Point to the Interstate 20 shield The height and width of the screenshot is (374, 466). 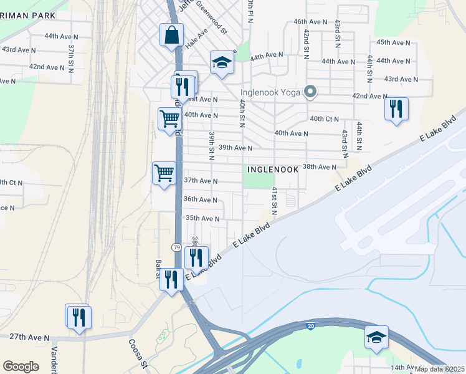pos(310,325)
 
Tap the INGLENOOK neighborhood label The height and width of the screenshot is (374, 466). pos(273,169)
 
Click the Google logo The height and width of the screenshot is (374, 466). pos(21,367)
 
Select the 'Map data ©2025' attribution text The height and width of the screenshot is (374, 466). pos(439,369)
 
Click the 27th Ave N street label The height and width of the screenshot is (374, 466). pos(29,337)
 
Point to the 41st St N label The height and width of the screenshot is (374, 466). pos(273,201)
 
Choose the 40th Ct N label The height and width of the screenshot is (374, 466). pos(324,119)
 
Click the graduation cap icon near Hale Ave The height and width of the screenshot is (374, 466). pos(221,62)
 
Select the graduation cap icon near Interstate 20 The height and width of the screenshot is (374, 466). pos(376,338)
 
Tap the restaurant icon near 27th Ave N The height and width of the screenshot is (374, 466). pos(78,317)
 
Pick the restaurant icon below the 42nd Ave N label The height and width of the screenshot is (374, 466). pos(396,110)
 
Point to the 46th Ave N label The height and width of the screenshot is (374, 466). pos(310,22)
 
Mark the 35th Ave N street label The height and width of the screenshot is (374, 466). pos(202,219)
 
